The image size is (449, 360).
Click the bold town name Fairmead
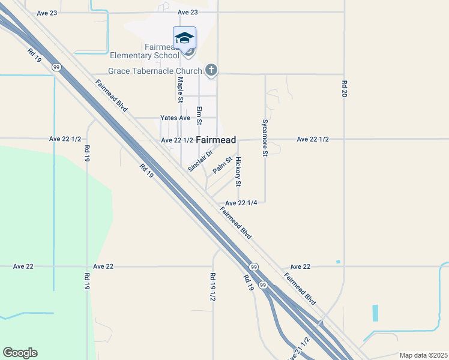click(x=215, y=139)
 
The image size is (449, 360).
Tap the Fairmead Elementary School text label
click(x=144, y=51)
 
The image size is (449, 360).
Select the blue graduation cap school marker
click(x=184, y=38)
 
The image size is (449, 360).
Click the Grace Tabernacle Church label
click(x=155, y=71)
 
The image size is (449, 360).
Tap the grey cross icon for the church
click(x=211, y=71)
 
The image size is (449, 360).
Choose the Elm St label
click(x=199, y=115)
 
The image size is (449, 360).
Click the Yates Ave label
click(x=175, y=118)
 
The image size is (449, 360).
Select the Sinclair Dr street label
click(x=200, y=161)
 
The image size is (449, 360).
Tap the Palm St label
click(x=222, y=165)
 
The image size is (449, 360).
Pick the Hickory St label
click(x=238, y=171)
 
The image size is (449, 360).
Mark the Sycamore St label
click(x=264, y=137)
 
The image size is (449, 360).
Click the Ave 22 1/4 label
click(x=241, y=203)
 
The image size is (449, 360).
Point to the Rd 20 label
click(x=345, y=89)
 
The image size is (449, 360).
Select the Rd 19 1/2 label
click(x=212, y=286)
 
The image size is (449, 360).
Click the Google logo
click(x=20, y=353)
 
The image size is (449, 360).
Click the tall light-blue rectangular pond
click(x=376, y=313)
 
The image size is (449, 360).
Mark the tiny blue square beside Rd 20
click(x=339, y=262)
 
